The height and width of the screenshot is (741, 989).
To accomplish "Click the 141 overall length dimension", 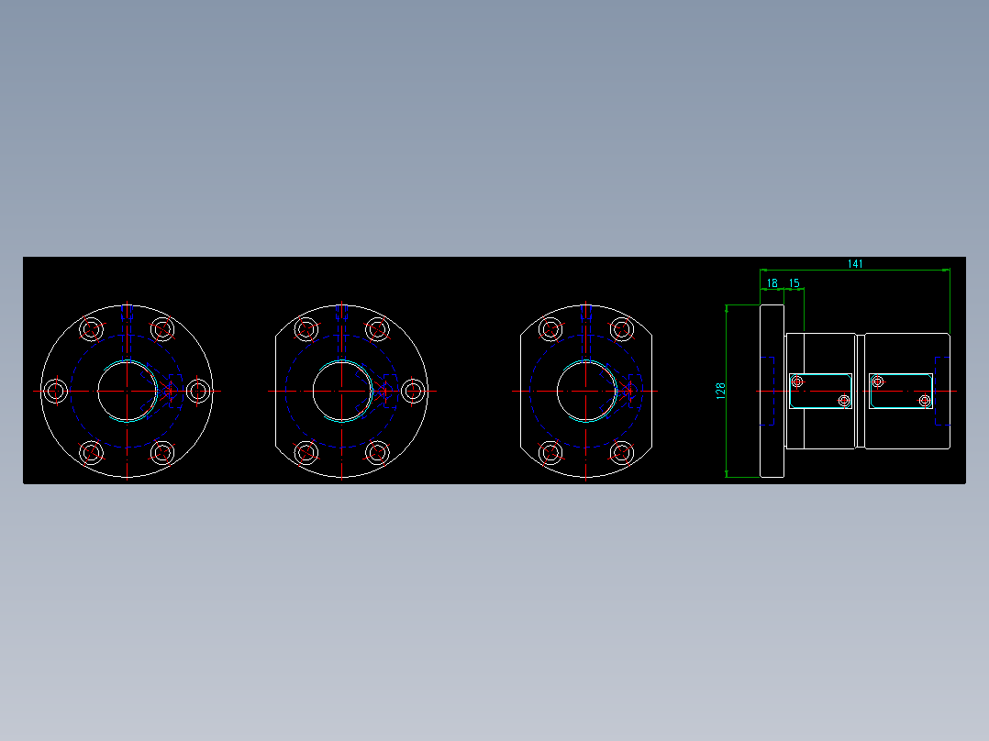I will point(855,264).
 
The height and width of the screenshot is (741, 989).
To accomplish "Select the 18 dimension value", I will point(772,283).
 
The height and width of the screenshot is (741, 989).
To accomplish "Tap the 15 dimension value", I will point(794,283).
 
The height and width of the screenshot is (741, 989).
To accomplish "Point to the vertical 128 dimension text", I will point(720,392).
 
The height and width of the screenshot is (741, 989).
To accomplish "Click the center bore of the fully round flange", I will point(128,391).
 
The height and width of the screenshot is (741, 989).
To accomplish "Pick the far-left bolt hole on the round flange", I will point(57,391).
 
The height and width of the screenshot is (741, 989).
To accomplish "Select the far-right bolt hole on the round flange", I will point(198,391).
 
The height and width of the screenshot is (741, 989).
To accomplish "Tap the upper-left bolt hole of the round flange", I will point(92,329).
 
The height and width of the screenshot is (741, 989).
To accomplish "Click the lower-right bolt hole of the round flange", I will point(163,452).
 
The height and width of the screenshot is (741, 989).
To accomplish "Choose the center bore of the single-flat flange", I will point(341,391).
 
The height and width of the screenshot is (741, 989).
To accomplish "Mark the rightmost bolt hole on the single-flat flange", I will point(413,391).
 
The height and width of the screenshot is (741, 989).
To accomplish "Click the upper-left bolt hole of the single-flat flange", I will point(306,329).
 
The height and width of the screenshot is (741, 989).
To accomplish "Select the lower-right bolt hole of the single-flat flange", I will point(377,452).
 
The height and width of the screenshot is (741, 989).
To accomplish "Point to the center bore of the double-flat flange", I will point(586,391).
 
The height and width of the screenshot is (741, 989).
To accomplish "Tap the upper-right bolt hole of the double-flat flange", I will point(622,329).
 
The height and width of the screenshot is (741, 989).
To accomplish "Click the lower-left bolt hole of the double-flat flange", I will point(550,452).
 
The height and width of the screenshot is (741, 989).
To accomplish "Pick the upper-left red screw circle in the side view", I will point(796,382).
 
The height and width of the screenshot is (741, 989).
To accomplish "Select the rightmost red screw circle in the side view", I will point(925,401).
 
